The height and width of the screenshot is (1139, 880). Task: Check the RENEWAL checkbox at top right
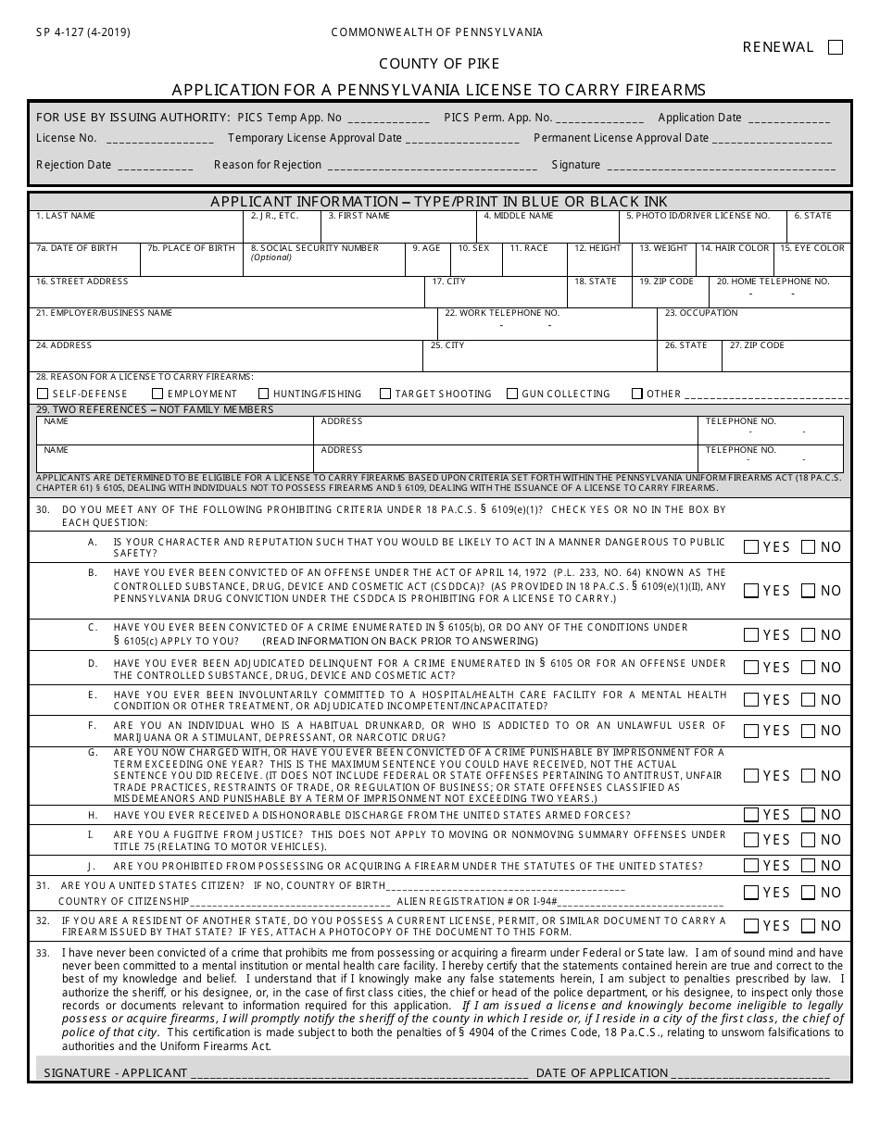click(x=836, y=47)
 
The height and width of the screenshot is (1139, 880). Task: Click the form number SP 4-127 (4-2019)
click(x=83, y=31)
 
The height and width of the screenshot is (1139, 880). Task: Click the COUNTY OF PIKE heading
click(x=439, y=64)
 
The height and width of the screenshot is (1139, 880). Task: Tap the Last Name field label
click(x=67, y=216)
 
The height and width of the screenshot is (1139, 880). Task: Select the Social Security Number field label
click(x=315, y=248)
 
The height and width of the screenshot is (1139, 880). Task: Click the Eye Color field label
click(x=812, y=248)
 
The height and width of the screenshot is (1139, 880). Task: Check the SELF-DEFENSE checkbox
click(x=43, y=394)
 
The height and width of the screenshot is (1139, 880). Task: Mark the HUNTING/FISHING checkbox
click(x=264, y=394)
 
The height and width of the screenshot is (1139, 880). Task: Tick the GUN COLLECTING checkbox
click(x=512, y=394)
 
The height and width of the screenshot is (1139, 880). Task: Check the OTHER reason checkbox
click(x=637, y=394)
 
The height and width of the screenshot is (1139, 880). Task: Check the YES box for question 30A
click(x=752, y=546)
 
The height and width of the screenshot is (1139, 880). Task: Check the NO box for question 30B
click(x=809, y=590)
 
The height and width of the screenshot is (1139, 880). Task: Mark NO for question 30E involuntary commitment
click(x=809, y=699)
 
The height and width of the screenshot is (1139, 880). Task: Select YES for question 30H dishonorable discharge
click(x=752, y=815)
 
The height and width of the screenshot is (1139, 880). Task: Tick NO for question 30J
click(x=809, y=865)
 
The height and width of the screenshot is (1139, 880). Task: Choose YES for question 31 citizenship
click(x=752, y=893)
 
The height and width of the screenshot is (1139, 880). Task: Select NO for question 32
click(x=809, y=925)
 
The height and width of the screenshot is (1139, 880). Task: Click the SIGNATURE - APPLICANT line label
click(x=116, y=1072)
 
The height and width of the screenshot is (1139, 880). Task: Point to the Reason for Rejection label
click(x=268, y=165)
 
